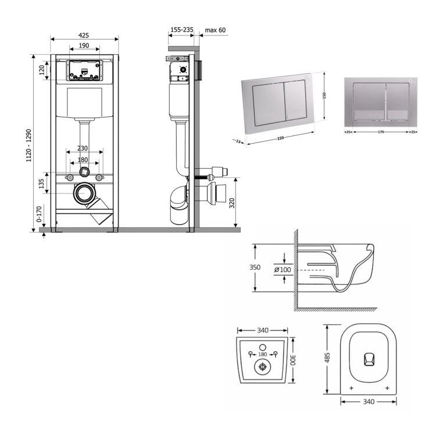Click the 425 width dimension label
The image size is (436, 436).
pyautogui.click(x=84, y=33)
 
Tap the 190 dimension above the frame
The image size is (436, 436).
pyautogui.click(x=84, y=45)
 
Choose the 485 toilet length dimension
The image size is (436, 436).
pyautogui.click(x=328, y=356)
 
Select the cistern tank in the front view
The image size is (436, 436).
pyautogui.click(x=85, y=103)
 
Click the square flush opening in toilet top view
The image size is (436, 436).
pyautogui.click(x=369, y=359)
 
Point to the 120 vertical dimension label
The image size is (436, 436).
pyautogui.click(x=41, y=70)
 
